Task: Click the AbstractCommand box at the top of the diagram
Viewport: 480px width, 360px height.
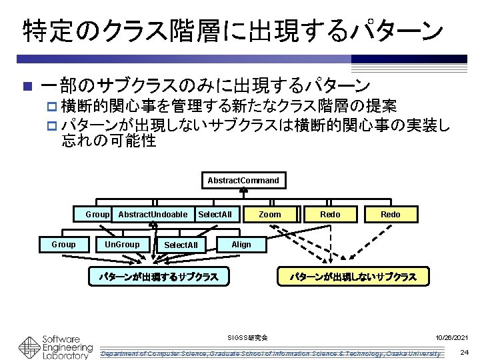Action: (x=243, y=181)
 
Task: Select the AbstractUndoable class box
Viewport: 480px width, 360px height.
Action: (x=153, y=214)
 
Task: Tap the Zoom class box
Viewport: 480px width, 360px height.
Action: (x=270, y=214)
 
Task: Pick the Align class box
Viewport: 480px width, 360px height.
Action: (x=241, y=245)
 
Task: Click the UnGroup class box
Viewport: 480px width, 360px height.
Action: (x=122, y=245)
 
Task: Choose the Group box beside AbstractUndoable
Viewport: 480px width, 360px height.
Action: (x=97, y=214)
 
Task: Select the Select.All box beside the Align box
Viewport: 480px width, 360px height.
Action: (x=181, y=245)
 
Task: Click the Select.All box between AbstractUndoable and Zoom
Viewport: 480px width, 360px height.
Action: (x=215, y=214)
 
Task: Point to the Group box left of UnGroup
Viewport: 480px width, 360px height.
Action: (x=63, y=245)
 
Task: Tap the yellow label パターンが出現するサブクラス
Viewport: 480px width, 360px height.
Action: (x=159, y=276)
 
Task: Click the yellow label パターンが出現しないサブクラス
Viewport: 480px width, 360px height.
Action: (x=353, y=276)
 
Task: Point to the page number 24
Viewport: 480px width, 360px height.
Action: (x=464, y=351)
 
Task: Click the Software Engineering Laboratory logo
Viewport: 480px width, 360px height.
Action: (x=56, y=346)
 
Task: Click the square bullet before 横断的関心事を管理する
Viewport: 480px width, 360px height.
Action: (x=53, y=107)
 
